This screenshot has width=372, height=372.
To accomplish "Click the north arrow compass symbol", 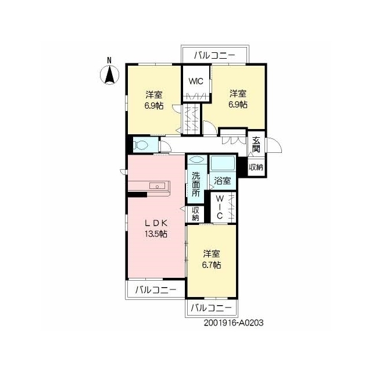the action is pyautogui.click(x=109, y=75).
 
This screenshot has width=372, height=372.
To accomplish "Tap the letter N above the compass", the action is pyautogui.click(x=109, y=60).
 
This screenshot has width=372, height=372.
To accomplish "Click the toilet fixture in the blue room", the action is pyautogui.click(x=141, y=145).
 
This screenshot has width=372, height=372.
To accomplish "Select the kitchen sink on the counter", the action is pyautogui.click(x=157, y=186).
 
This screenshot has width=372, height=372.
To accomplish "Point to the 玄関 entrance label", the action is pyautogui.click(x=256, y=145).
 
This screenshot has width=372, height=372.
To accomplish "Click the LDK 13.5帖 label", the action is pyautogui.click(x=156, y=228).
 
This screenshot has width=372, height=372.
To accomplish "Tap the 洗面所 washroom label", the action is pyautogui.click(x=196, y=184).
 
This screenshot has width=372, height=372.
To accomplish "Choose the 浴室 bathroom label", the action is pyautogui.click(x=222, y=181).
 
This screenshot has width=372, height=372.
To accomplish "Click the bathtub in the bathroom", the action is pyautogui.click(x=223, y=163).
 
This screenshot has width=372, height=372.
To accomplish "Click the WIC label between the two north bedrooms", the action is pyautogui.click(x=196, y=81).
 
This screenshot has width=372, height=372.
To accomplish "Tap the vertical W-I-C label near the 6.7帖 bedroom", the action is pyautogui.click(x=220, y=207).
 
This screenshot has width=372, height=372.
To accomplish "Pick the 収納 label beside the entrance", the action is pyautogui.click(x=256, y=167).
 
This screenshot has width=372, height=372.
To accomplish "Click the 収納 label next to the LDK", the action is pyautogui.click(x=195, y=214).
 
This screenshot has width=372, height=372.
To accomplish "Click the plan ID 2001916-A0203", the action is pyautogui.click(x=234, y=323).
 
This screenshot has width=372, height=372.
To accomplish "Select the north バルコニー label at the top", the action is pyautogui.click(x=214, y=56).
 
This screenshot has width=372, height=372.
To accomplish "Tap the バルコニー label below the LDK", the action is pyautogui.click(x=156, y=289).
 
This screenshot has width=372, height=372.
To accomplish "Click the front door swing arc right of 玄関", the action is pyautogui.click(x=274, y=145).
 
